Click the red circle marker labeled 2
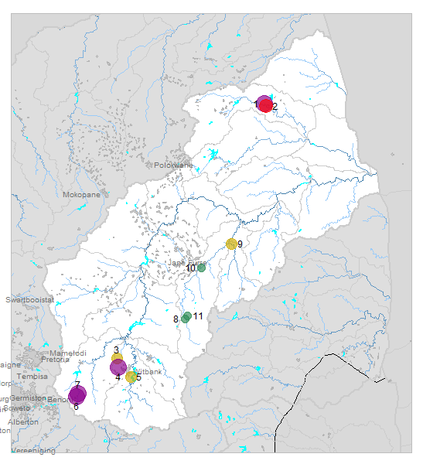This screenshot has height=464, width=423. click(x=266, y=106)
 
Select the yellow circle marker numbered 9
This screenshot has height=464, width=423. click(x=230, y=244)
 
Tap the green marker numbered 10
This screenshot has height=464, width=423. click(x=201, y=268)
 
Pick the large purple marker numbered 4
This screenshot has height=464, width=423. click(x=118, y=367)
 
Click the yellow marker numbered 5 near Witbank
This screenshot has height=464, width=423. click(x=131, y=377)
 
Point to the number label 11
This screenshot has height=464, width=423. click(x=198, y=316)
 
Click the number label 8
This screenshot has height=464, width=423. click(x=176, y=319)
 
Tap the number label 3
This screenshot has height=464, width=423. click(x=116, y=350)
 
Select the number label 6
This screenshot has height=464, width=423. click(x=76, y=406)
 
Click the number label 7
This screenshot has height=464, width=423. click(x=77, y=384)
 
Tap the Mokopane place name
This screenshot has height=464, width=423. click(x=81, y=195)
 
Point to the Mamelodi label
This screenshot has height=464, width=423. click(x=68, y=353)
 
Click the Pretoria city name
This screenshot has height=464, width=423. click(x=56, y=360)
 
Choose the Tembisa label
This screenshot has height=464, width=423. click(x=32, y=377)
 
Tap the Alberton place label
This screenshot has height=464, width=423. click(x=23, y=422)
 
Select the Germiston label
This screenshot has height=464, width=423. click(x=28, y=397)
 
